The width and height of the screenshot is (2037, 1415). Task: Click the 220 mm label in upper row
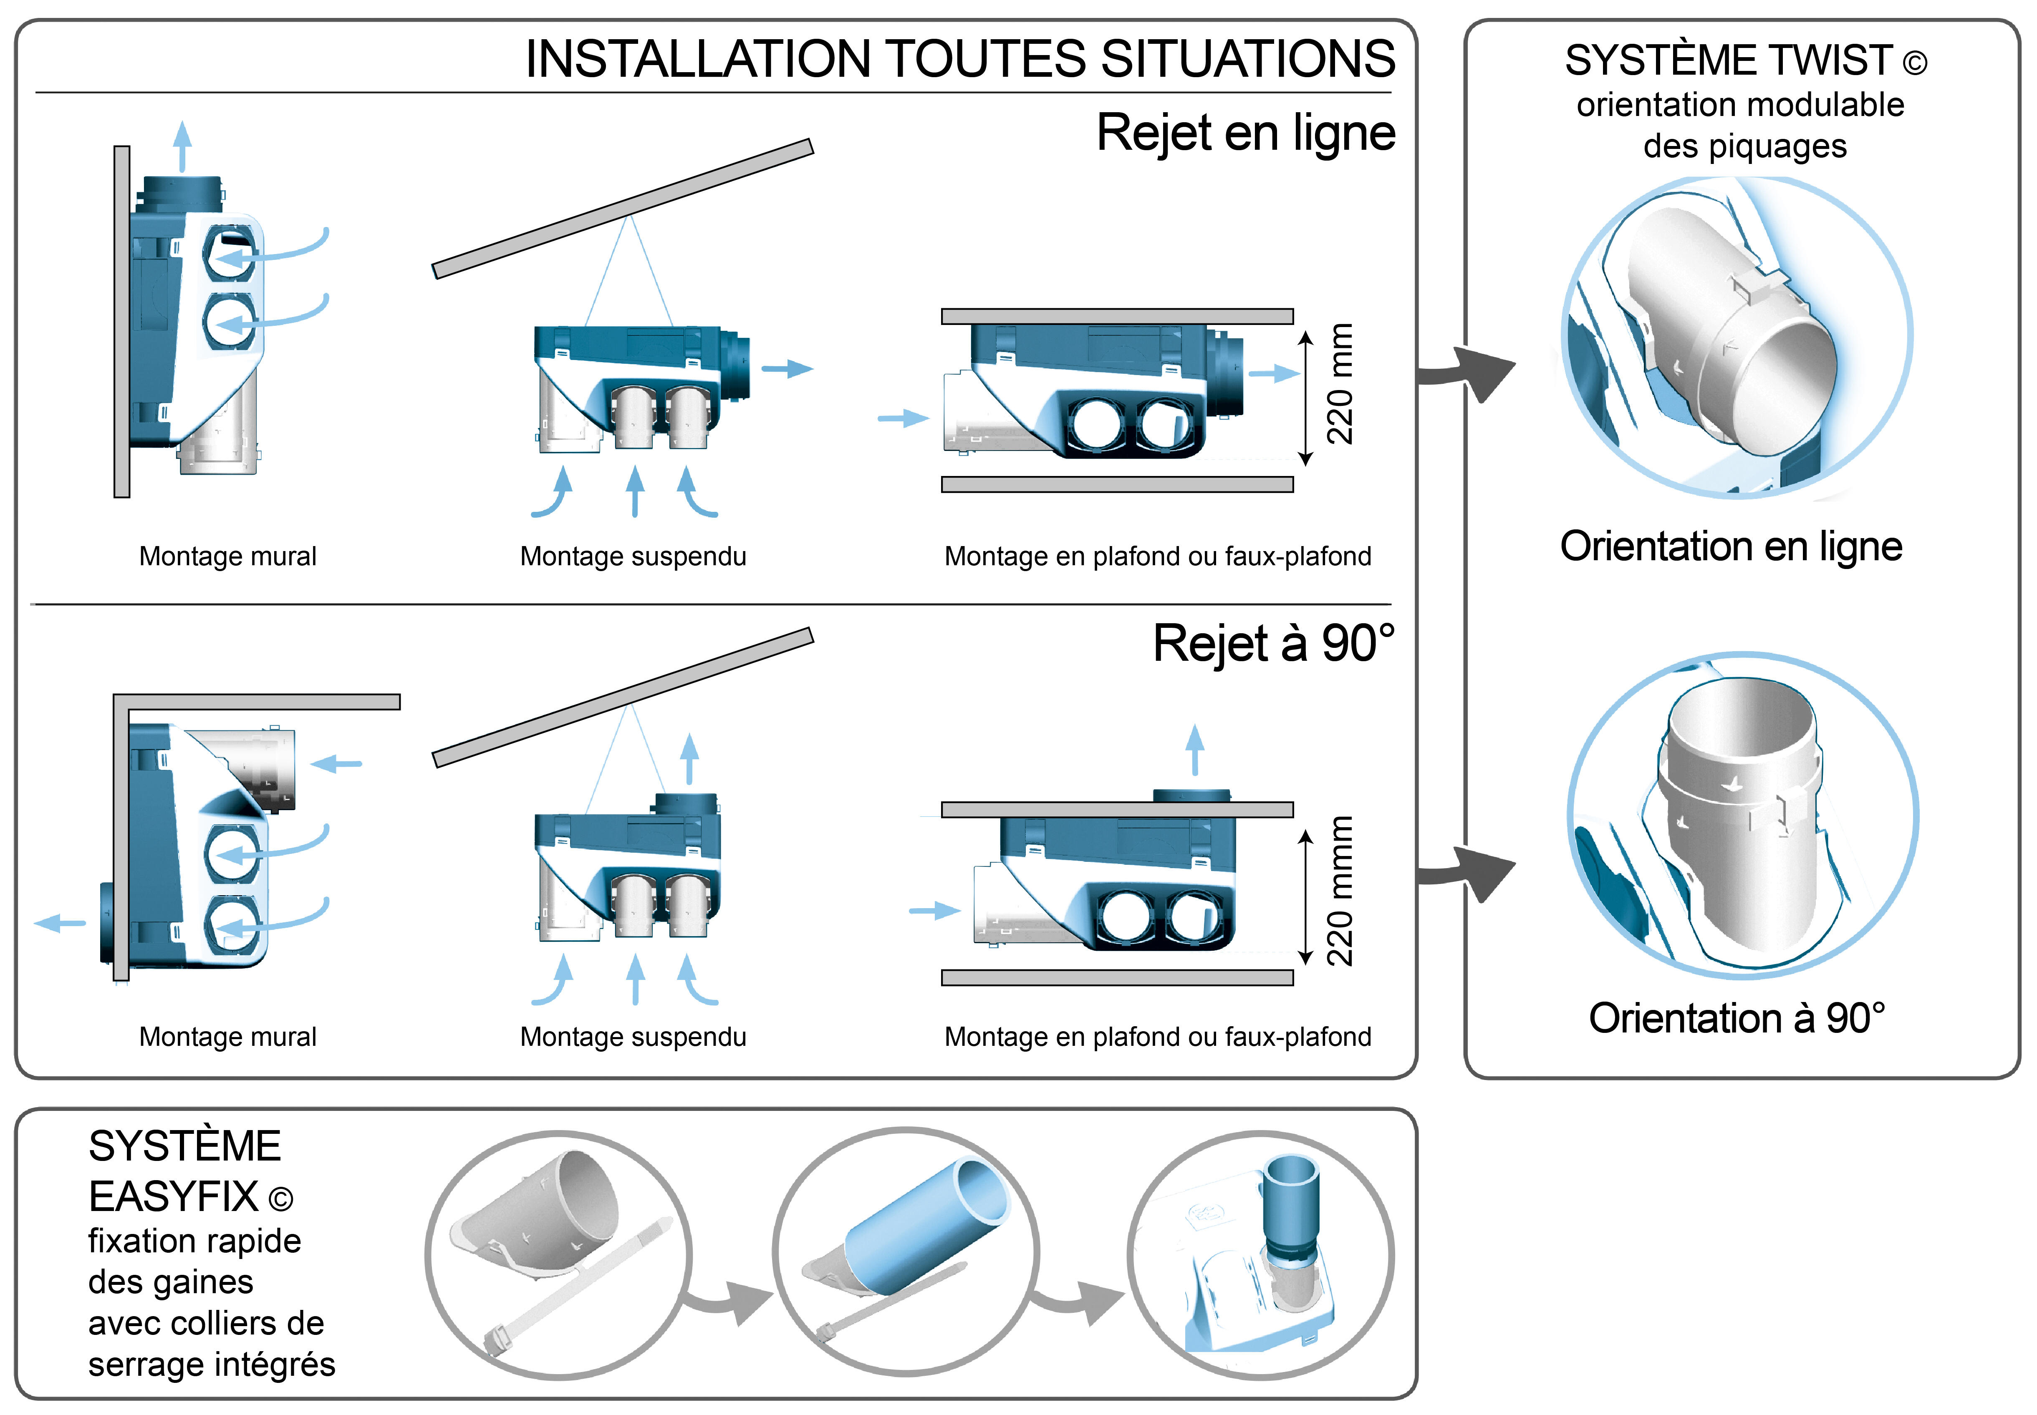click(x=1340, y=384)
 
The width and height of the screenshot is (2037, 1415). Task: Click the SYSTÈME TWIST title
click(x=1744, y=60)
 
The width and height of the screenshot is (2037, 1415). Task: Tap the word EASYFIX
click(x=174, y=1197)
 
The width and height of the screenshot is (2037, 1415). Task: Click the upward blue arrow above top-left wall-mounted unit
click(x=183, y=144)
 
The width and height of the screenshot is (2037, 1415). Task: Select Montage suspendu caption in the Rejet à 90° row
click(x=633, y=1036)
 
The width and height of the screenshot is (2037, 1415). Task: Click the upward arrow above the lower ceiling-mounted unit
click(x=1195, y=749)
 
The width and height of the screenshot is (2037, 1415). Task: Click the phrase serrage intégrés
click(x=212, y=1365)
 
